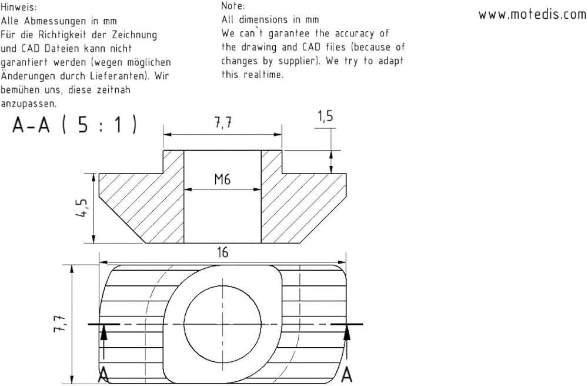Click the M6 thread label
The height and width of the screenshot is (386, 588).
pyautogui.click(x=222, y=179)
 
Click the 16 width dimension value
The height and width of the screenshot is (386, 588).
pyautogui.click(x=222, y=252)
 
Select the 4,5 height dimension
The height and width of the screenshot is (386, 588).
pyautogui.click(x=82, y=208)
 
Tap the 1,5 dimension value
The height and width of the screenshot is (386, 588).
pyautogui.click(x=325, y=117)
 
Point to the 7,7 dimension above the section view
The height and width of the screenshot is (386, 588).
pyautogui.click(x=223, y=122)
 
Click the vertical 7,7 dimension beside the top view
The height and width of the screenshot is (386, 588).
pyautogui.click(x=59, y=324)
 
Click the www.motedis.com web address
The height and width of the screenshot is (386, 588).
pyautogui.click(x=533, y=14)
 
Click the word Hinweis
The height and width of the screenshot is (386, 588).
pyautogui.click(x=19, y=7)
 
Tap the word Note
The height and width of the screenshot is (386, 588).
pyautogui.click(x=233, y=6)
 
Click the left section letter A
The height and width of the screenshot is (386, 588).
pyautogui.click(x=103, y=375)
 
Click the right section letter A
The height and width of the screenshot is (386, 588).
pyautogui.click(x=348, y=375)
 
